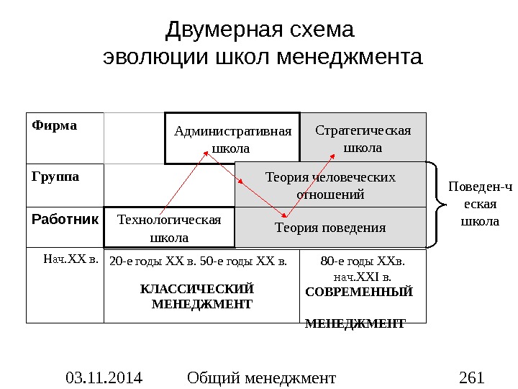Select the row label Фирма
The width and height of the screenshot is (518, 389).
(x=54, y=125)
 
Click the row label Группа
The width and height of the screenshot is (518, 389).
(x=55, y=175)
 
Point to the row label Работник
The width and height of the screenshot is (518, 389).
(x=65, y=218)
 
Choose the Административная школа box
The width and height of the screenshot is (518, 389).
(x=232, y=138)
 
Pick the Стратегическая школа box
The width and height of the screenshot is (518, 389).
(x=363, y=138)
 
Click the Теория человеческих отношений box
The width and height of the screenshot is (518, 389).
(x=330, y=185)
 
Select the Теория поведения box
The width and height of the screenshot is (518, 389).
(x=330, y=228)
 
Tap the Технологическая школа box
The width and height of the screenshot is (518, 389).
(x=169, y=227)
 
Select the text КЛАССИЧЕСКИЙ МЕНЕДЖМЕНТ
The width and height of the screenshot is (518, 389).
(x=196, y=296)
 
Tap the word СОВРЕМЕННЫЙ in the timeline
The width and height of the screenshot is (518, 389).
(x=359, y=292)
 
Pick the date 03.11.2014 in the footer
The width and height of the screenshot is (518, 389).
(x=104, y=377)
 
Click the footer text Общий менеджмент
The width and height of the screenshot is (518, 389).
(x=260, y=377)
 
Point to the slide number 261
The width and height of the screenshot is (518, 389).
(x=471, y=377)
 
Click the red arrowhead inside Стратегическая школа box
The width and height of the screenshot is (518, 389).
(x=335, y=153)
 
